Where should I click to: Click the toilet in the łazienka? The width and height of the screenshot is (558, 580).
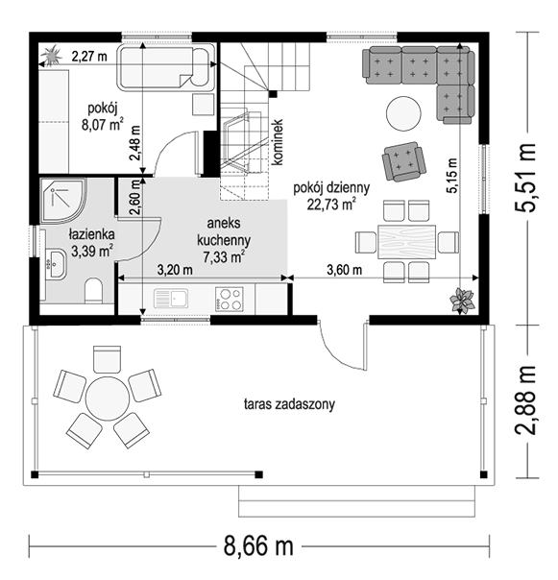(x=93, y=291)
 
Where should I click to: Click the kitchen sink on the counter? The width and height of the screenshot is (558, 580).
(x=171, y=299)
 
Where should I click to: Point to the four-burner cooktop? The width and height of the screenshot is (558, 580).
(x=230, y=299)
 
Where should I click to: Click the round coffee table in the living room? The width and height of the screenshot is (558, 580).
(x=403, y=113)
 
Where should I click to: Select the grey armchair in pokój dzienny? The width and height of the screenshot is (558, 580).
(x=403, y=161)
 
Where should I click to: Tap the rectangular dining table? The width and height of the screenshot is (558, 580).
(x=406, y=242)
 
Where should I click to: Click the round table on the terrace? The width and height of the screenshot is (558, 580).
(x=108, y=399)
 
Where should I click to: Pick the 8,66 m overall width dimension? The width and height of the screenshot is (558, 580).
(x=258, y=546)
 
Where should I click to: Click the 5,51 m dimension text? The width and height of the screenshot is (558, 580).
(x=525, y=178)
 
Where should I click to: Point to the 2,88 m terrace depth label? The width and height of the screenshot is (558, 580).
(x=525, y=399)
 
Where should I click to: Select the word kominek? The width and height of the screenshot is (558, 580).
(x=278, y=142)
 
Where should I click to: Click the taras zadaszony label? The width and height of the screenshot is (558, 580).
(x=289, y=404)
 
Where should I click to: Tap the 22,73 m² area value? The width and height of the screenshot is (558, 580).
(x=331, y=205)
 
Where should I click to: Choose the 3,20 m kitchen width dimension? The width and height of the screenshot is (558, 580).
(x=175, y=270)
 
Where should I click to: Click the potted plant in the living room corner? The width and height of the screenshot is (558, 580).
(x=462, y=300)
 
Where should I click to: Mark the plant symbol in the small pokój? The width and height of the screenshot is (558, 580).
(x=51, y=56)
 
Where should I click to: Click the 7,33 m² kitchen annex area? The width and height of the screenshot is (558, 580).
(x=224, y=256)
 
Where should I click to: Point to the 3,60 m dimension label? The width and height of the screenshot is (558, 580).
(x=344, y=270)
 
